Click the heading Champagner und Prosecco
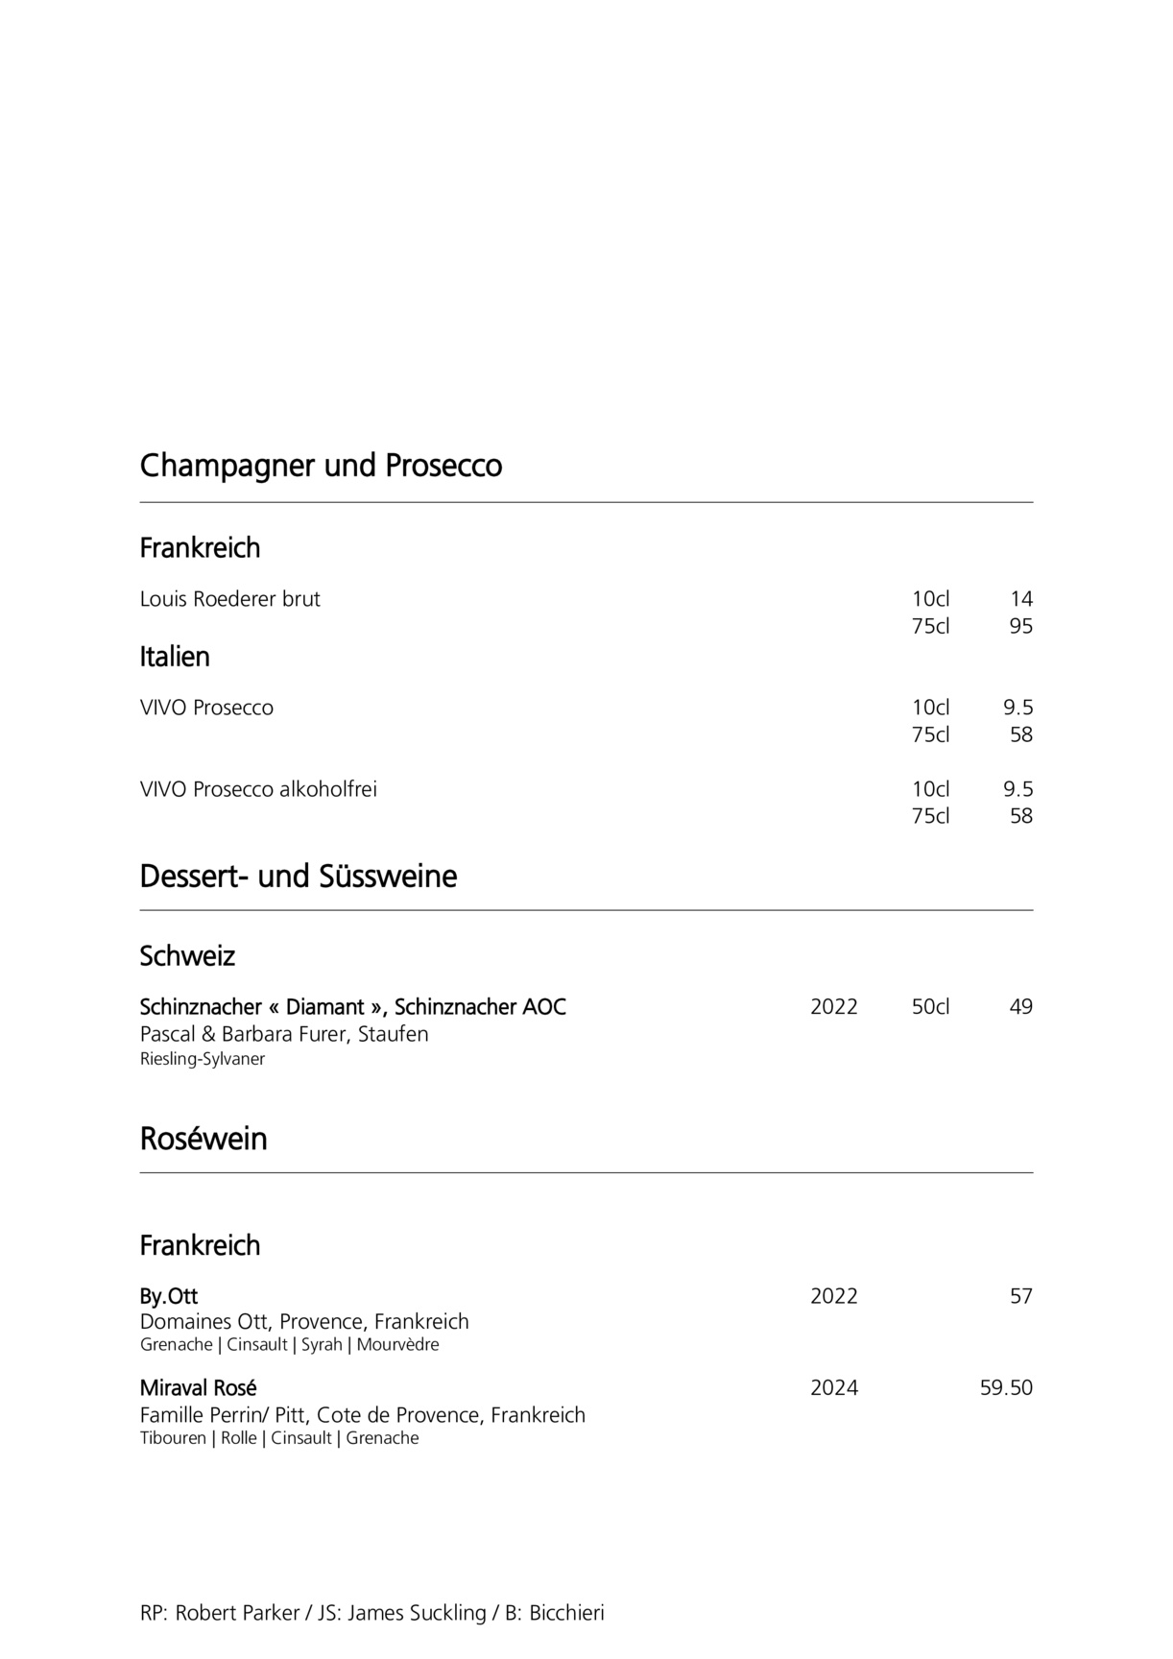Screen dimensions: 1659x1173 321,466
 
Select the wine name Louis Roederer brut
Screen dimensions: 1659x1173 229,599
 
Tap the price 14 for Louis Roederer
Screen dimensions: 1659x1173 1020,599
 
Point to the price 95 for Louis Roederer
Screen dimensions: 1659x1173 1020,626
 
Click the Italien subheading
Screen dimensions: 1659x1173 175,657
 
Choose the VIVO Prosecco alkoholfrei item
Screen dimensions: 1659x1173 258,789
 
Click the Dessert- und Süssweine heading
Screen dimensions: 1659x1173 298,876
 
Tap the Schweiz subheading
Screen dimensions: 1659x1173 187,956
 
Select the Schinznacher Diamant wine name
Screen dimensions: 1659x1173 352,1007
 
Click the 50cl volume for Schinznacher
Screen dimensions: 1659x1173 930,1007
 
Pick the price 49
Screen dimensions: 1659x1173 1020,1007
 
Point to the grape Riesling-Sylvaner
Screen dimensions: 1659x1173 202,1059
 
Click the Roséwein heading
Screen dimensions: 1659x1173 203,1139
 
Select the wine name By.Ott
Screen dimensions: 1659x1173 169,1296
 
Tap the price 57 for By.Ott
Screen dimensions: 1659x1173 1020,1296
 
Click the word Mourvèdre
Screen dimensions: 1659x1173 397,1344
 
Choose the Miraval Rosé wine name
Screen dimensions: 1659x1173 198,1388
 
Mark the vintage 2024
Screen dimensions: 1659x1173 833,1388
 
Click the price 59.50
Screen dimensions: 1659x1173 1006,1388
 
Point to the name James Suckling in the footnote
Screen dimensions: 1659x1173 417,1613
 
